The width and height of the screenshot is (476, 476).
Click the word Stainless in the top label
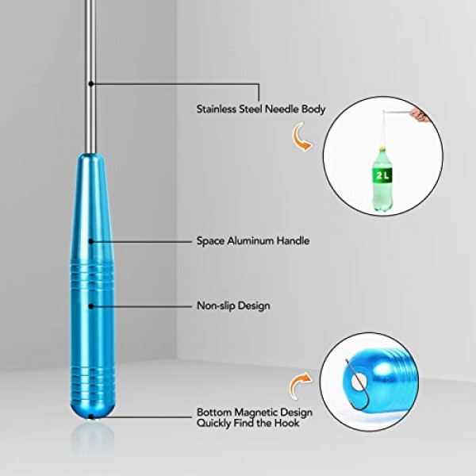pyautogui.click(x=217, y=109)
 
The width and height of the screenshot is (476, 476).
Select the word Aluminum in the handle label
pyautogui.click(x=251, y=240)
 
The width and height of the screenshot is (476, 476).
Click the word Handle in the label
pyautogui.click(x=293, y=240)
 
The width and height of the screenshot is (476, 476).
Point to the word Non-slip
pyautogui.click(x=216, y=305)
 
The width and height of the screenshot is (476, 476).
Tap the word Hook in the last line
pyautogui.click(x=286, y=423)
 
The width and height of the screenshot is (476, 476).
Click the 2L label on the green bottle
pyautogui.click(x=382, y=175)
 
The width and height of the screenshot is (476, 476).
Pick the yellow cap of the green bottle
pyautogui.click(x=382, y=150)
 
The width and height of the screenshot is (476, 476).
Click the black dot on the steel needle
pyautogui.click(x=90, y=83)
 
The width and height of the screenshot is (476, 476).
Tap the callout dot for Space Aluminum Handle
pyautogui.click(x=90, y=241)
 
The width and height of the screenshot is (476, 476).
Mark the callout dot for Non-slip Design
pyautogui.click(x=90, y=306)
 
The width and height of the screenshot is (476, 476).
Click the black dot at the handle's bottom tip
pyautogui.click(x=90, y=416)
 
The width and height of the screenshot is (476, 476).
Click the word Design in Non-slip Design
pyautogui.click(x=254, y=305)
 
